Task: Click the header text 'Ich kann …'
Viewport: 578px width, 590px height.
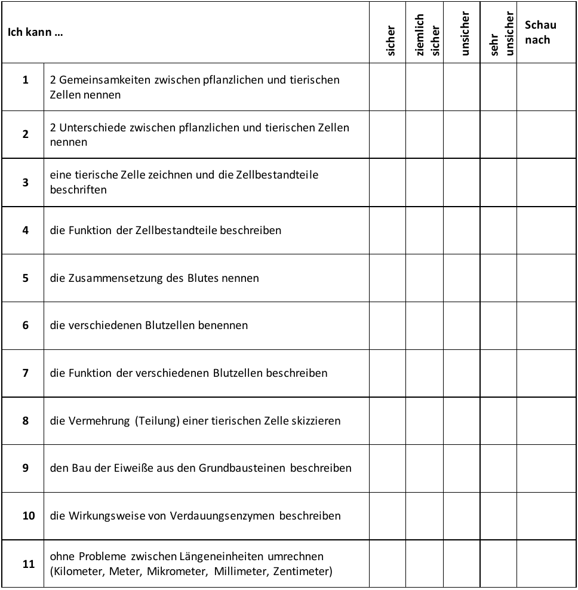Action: [35, 33]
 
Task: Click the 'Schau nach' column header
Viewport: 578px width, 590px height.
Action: [540, 32]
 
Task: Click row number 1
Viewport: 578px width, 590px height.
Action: [25, 80]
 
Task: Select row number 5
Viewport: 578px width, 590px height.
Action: [25, 278]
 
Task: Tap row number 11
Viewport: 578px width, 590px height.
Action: [28, 564]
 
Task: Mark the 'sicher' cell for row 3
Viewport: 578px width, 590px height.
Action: [388, 182]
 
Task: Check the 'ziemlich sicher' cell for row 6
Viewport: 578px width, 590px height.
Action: [425, 325]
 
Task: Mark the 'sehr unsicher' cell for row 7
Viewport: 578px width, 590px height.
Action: [499, 373]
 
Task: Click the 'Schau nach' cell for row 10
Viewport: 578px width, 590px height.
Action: [546, 516]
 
